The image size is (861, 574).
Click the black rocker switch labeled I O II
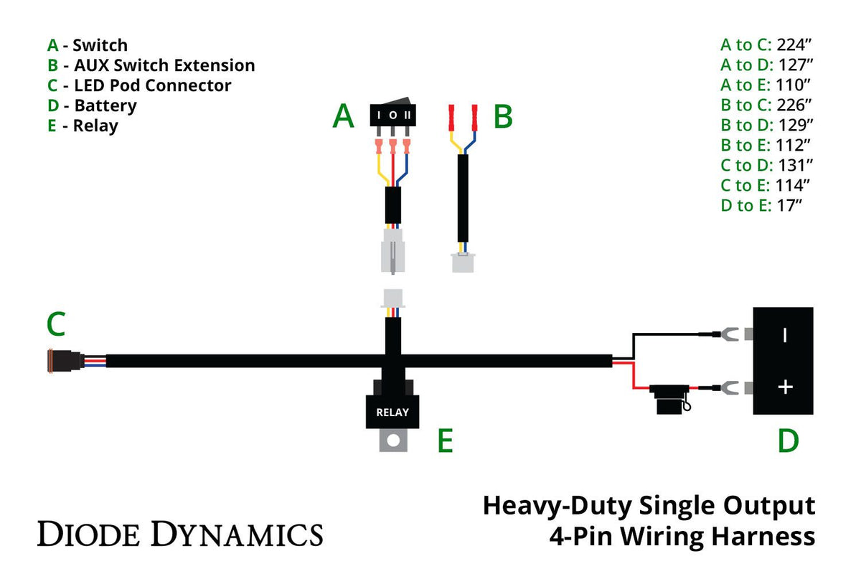click(x=392, y=116)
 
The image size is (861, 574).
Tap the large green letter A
click(x=343, y=116)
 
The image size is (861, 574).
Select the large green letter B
click(x=503, y=116)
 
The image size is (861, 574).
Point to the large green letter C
click(x=56, y=324)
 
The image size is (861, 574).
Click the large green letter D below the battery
click(x=788, y=441)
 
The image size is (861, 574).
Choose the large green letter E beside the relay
click(x=445, y=442)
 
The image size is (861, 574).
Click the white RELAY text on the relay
click(x=392, y=413)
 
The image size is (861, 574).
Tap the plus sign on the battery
click(x=786, y=387)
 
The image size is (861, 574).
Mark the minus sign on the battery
click(x=784, y=334)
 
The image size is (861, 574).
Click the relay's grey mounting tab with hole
click(x=392, y=440)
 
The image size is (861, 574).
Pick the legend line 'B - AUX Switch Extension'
click(x=151, y=65)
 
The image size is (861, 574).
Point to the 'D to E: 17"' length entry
click(x=761, y=205)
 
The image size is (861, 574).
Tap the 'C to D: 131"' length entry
click(x=766, y=165)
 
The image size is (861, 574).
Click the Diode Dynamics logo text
click(x=180, y=535)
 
